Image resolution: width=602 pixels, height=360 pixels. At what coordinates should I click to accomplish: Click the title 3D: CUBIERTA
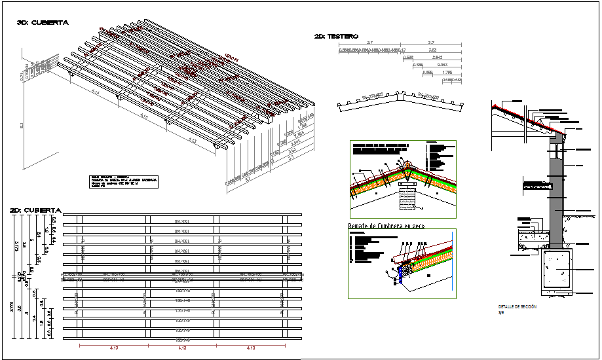coord(43,23)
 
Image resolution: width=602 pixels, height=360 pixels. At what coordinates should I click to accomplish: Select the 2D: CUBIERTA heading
coord(35,210)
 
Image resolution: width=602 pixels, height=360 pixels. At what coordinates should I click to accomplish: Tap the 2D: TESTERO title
coord(335,37)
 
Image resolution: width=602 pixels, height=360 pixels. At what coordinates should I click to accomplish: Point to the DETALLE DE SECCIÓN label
coord(517,306)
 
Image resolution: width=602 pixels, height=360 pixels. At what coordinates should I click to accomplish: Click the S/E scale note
coord(501,312)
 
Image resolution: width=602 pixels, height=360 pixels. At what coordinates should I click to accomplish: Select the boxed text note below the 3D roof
coord(124,181)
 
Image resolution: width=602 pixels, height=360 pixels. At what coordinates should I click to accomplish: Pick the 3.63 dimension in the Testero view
coord(432,50)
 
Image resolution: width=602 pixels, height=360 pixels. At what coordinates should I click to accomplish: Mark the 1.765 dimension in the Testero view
coord(447,73)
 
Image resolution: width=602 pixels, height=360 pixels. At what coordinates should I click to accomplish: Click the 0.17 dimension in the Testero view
coord(402,50)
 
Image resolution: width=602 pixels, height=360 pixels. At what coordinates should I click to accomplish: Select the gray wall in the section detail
coord(556,196)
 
